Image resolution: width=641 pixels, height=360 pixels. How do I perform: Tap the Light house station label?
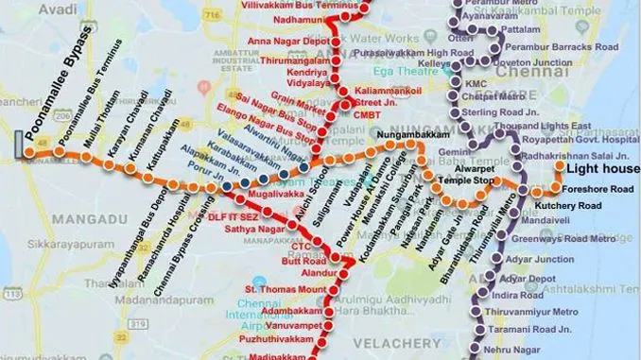[598, 167]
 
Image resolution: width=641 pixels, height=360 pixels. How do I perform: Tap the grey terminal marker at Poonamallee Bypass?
[19, 145]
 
